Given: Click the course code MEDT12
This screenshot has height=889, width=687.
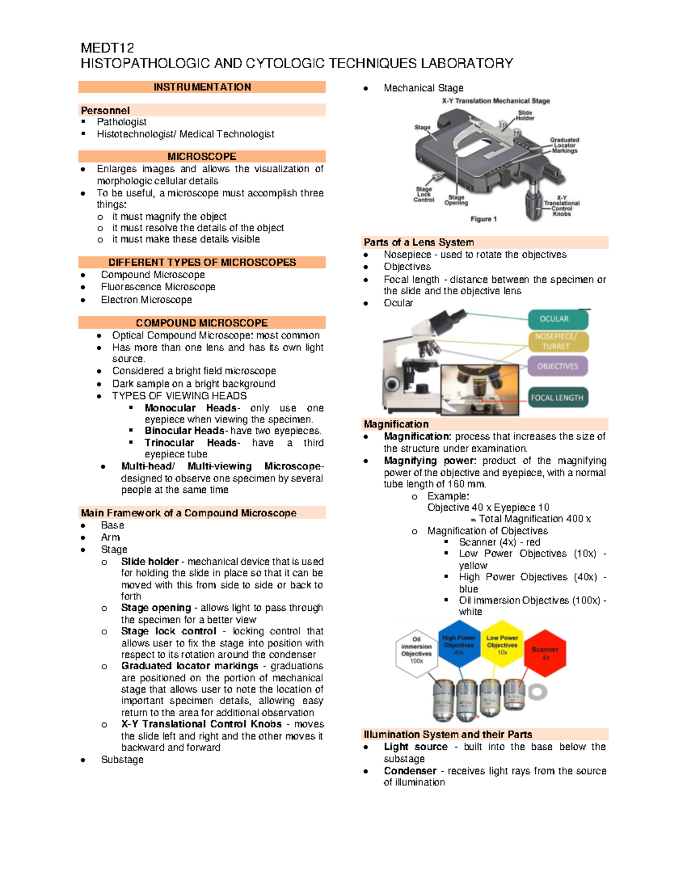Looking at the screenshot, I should pyautogui.click(x=107, y=48).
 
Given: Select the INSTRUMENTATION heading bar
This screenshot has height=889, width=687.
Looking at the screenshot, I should pyautogui.click(x=202, y=87).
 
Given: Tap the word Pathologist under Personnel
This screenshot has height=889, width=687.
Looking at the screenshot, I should pyautogui.click(x=121, y=122).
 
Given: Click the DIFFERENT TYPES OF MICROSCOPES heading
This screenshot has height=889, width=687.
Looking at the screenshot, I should pyautogui.click(x=202, y=262).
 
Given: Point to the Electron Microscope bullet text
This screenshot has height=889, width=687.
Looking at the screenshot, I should pyautogui.click(x=146, y=299).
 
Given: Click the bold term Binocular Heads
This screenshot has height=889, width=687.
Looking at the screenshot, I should pyautogui.click(x=184, y=430).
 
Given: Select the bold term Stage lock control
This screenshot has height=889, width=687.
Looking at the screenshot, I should pyautogui.click(x=168, y=631).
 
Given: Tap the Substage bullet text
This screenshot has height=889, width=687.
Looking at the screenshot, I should pyautogui.click(x=122, y=760).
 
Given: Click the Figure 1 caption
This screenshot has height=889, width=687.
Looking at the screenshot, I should pyautogui.click(x=483, y=219).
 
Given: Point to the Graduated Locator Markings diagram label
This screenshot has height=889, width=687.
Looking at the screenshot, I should pyautogui.click(x=564, y=145).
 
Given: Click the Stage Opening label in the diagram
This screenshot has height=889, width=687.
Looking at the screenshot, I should pyautogui.click(x=456, y=200).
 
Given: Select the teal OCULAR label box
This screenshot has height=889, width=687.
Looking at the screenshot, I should pyautogui.click(x=554, y=319).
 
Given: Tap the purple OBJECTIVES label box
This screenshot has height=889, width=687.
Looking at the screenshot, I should pyautogui.click(x=557, y=366).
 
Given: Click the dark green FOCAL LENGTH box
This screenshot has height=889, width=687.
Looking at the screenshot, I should pyautogui.click(x=557, y=398).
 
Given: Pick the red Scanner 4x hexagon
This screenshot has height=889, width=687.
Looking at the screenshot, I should pyautogui.click(x=545, y=653).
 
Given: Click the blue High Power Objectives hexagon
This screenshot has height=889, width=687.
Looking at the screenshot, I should pyautogui.click(x=459, y=644).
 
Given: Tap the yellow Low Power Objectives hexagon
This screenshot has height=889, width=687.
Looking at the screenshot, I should pyautogui.click(x=502, y=644).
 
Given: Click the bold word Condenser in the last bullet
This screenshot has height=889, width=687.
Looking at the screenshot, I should pyautogui.click(x=410, y=771).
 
